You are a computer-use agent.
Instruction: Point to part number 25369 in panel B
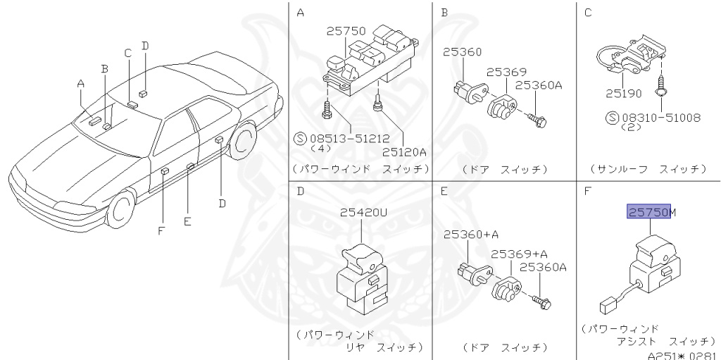click(506, 73)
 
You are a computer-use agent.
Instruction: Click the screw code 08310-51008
click(661, 118)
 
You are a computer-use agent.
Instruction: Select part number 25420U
click(364, 212)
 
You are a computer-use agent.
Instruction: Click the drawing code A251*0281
click(681, 354)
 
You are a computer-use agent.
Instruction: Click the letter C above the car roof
click(127, 53)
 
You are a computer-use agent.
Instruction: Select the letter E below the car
click(187, 221)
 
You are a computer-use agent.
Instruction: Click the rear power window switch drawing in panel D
click(363, 275)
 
